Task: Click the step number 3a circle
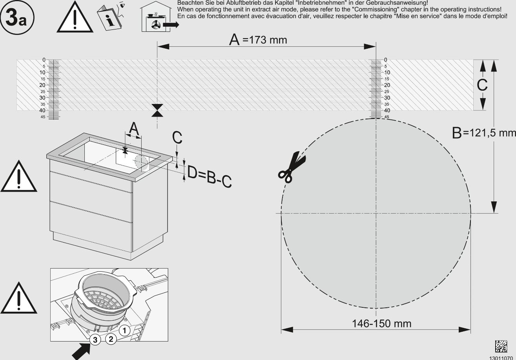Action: point(17,18)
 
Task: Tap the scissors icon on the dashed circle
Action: point(292,167)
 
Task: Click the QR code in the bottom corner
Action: point(501,346)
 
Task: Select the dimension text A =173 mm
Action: point(258,39)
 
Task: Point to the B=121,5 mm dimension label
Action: point(484,133)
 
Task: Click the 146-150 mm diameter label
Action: point(382,323)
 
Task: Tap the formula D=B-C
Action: point(209,177)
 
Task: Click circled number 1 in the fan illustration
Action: point(124,331)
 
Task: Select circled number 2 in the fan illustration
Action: point(111,339)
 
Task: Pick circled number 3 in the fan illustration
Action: point(95,340)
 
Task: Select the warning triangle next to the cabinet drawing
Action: point(19,176)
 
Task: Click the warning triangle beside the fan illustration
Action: point(19,298)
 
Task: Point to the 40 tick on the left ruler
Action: point(42,110)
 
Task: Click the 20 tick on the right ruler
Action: point(387,85)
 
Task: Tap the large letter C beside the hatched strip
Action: point(482,85)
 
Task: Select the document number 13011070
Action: point(502,358)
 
